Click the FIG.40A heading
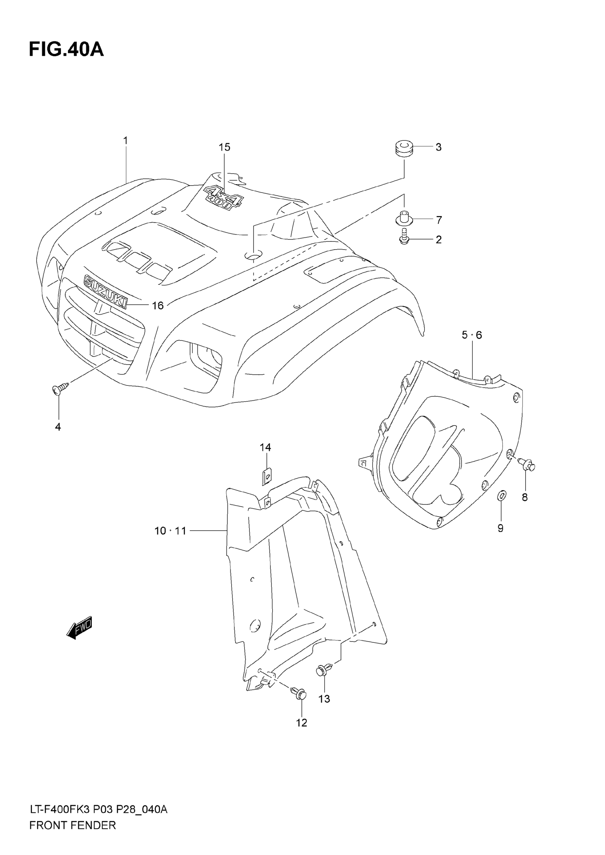click(66, 50)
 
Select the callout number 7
click(439, 220)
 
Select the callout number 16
click(158, 306)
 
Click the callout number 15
click(225, 148)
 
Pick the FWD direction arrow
click(79, 628)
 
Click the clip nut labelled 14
click(266, 476)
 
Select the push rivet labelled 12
click(299, 693)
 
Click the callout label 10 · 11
click(170, 531)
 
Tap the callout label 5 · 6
click(472, 335)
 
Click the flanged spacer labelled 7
click(404, 218)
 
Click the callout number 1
click(126, 141)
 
